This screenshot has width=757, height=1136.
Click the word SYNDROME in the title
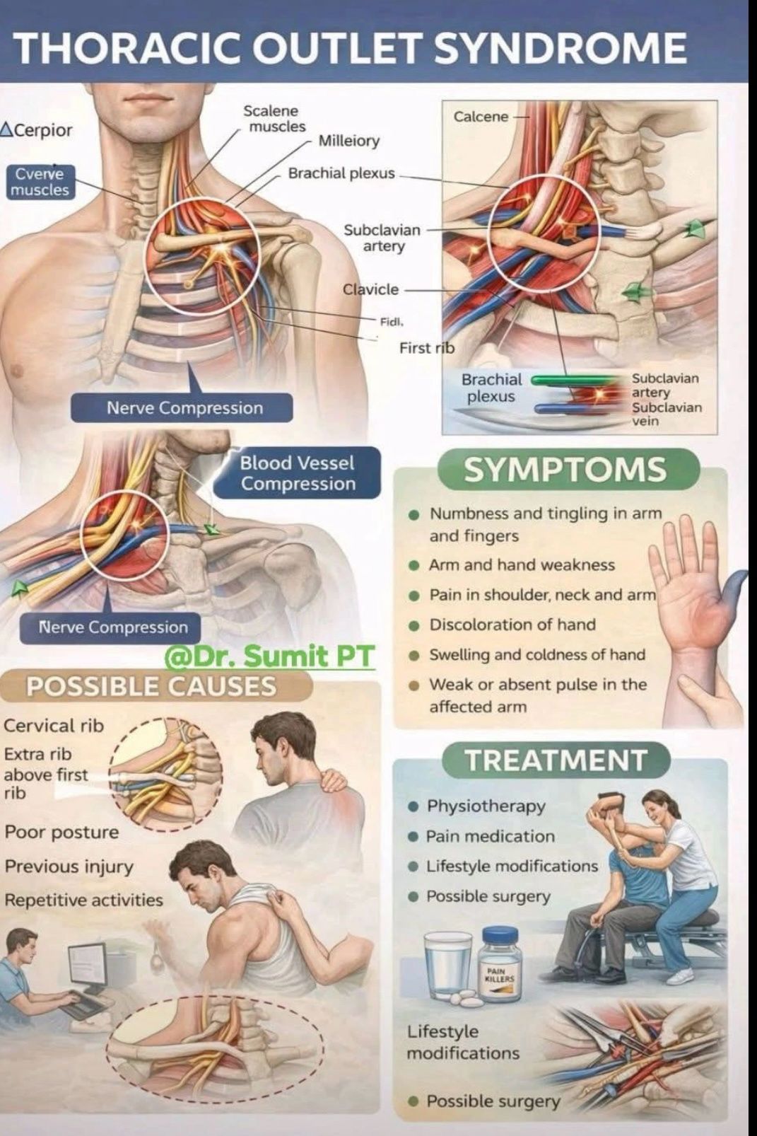tap(560, 48)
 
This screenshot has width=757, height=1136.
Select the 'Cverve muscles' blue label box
tap(40, 182)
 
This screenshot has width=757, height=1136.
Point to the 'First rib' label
tap(426, 347)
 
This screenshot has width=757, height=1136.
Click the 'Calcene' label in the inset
tap(481, 116)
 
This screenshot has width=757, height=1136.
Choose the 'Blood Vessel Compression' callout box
tap(298, 473)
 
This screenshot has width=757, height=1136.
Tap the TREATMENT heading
tap(556, 760)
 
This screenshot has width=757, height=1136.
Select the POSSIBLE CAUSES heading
tap(151, 685)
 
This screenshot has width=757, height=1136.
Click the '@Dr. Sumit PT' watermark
tap(269, 656)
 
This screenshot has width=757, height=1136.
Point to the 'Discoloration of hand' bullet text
tap(512, 625)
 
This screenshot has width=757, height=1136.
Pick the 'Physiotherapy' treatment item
tap(486, 806)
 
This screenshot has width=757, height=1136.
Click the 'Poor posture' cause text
tap(61, 832)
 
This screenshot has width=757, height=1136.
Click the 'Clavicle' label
tap(370, 289)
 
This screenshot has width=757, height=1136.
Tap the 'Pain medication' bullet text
tap(490, 836)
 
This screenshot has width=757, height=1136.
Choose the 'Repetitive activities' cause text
tap(83, 900)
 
